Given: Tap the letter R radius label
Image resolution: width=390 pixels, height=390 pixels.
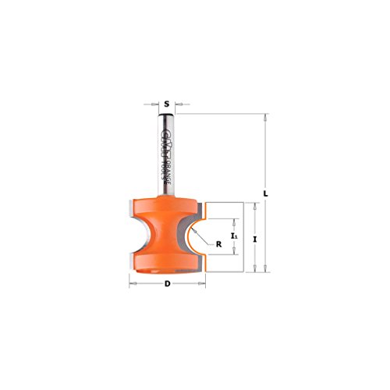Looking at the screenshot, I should pos(219,243).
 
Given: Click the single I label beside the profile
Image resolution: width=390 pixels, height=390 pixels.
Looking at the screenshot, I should pos(257,238).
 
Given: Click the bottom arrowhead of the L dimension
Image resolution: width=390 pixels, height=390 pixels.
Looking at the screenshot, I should pos(267,271).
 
